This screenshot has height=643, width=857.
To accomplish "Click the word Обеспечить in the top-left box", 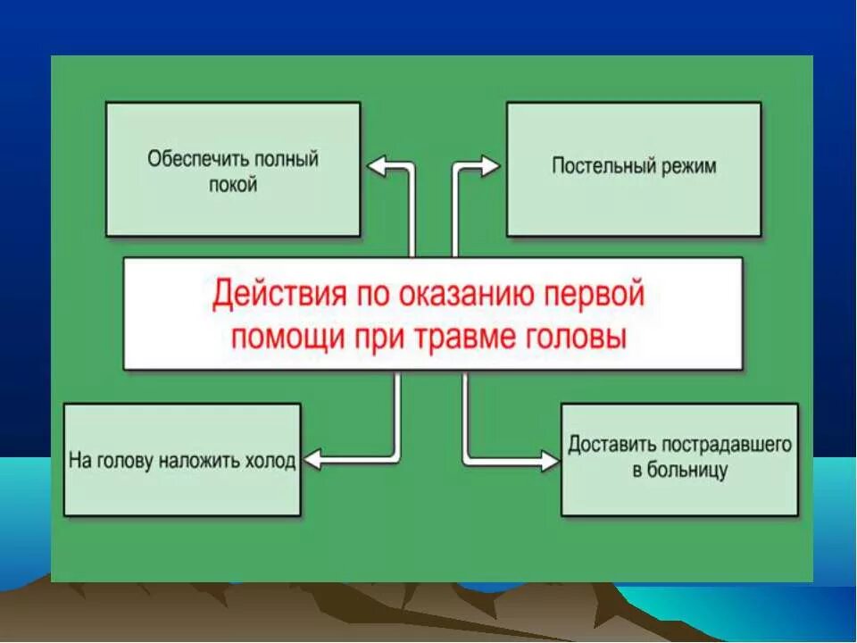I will [x=196, y=161].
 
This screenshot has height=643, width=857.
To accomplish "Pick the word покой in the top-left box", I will [x=233, y=185].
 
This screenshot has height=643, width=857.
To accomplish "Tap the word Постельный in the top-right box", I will [x=600, y=166].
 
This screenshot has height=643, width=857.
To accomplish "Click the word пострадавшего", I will [x=727, y=444].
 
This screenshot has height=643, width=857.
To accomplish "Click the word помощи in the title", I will [x=281, y=338].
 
